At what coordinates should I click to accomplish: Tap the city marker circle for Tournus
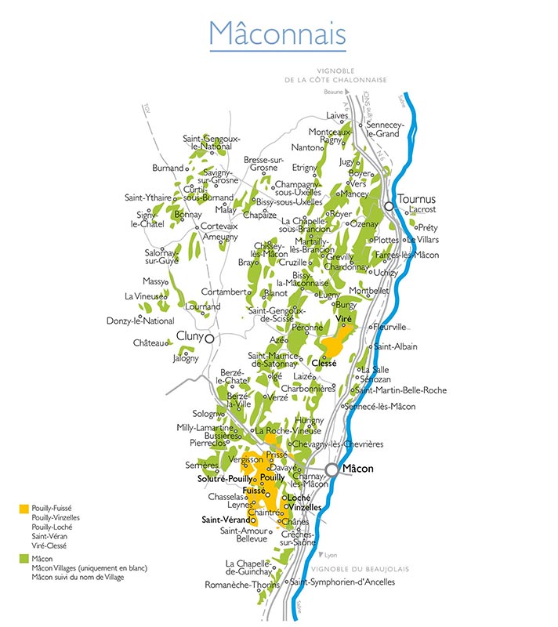(389, 206)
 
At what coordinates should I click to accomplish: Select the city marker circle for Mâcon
(332, 469)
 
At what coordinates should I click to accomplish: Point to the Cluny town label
(190, 336)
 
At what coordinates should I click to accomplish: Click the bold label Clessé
(324, 364)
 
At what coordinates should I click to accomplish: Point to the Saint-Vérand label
(226, 520)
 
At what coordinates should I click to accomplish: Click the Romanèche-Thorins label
(244, 585)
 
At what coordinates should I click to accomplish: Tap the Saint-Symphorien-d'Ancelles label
(342, 582)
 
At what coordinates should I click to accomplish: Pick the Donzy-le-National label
(140, 321)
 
